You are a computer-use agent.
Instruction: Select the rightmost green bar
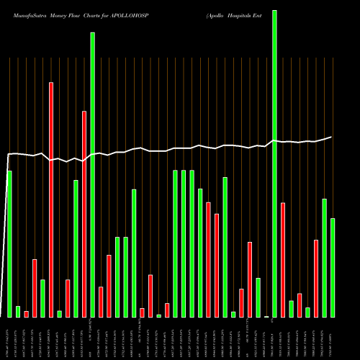[333, 267]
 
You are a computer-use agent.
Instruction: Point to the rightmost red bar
[316, 278]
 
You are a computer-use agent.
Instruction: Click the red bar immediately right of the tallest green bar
[283, 259]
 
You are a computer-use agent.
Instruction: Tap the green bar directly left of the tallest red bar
[42, 298]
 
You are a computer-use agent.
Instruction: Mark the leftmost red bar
[26, 314]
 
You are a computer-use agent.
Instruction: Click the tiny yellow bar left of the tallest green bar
[266, 316]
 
